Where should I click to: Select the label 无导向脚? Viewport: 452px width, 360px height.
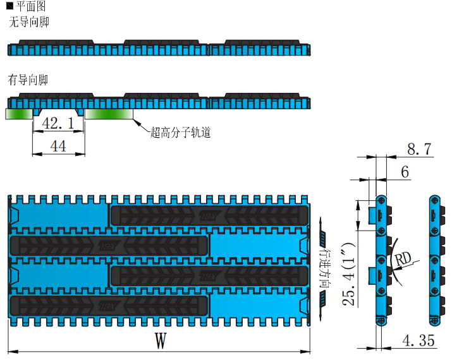pyautogui.click(x=28, y=22)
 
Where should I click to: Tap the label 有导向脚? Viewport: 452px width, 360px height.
pyautogui.click(x=28, y=80)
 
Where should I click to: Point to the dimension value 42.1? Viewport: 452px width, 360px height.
pyautogui.click(x=58, y=123)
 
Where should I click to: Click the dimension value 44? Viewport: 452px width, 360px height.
pyautogui.click(x=58, y=146)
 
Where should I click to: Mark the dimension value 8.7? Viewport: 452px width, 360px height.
pyautogui.click(x=418, y=149)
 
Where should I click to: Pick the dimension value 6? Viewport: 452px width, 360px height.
pyautogui.click(x=405, y=172)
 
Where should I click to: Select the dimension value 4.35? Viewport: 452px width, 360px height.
pyautogui.click(x=418, y=341)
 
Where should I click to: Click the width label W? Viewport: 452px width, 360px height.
pyautogui.click(x=161, y=341)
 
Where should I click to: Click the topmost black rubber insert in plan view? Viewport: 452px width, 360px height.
pyautogui.click(x=210, y=215)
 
